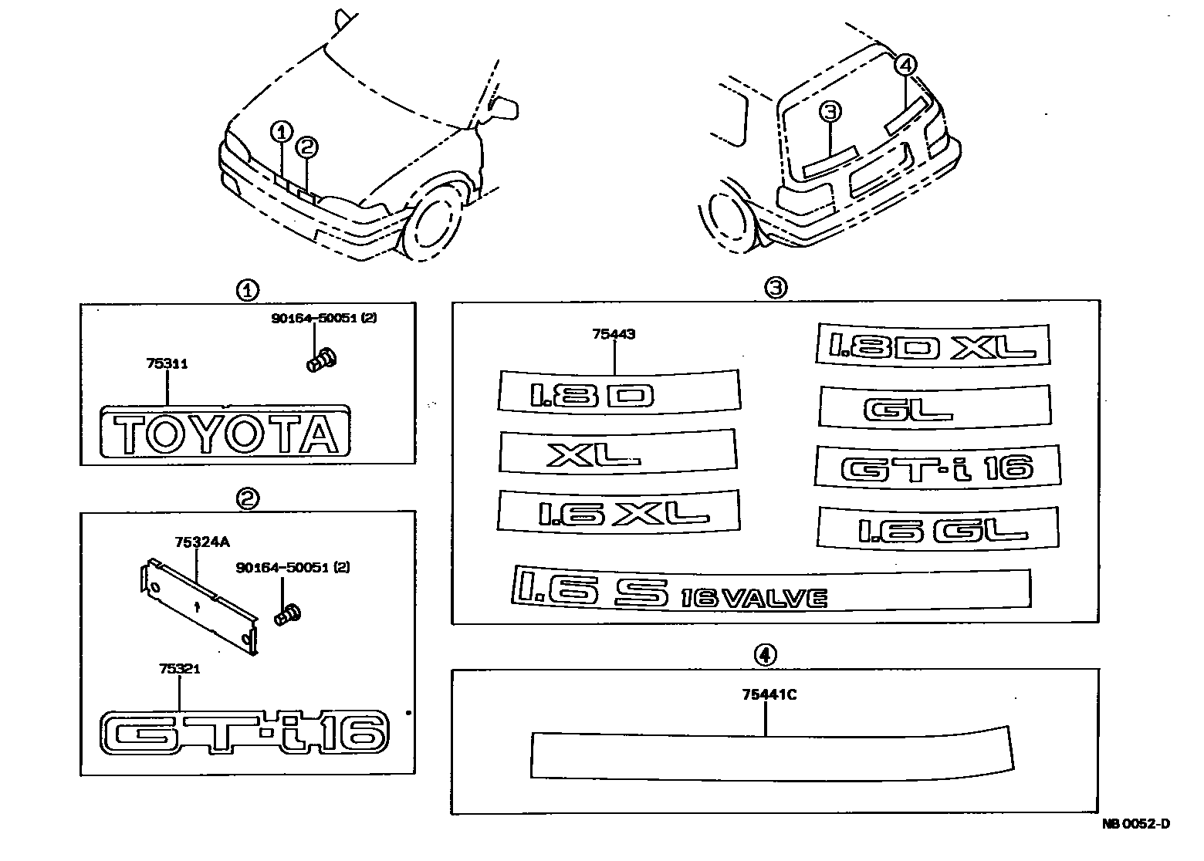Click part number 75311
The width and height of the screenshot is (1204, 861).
(166, 364)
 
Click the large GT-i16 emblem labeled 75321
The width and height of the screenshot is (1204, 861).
(244, 731)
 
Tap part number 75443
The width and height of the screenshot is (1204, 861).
(614, 335)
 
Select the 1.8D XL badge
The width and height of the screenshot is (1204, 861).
(932, 344)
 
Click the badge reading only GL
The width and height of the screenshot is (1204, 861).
(934, 407)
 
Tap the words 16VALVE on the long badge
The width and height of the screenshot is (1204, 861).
(755, 597)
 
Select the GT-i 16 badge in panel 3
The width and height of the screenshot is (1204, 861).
(937, 468)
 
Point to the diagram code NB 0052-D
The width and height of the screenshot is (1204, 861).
(1135, 824)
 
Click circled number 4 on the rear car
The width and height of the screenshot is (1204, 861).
(907, 66)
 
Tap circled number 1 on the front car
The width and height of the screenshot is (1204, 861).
(282, 132)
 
